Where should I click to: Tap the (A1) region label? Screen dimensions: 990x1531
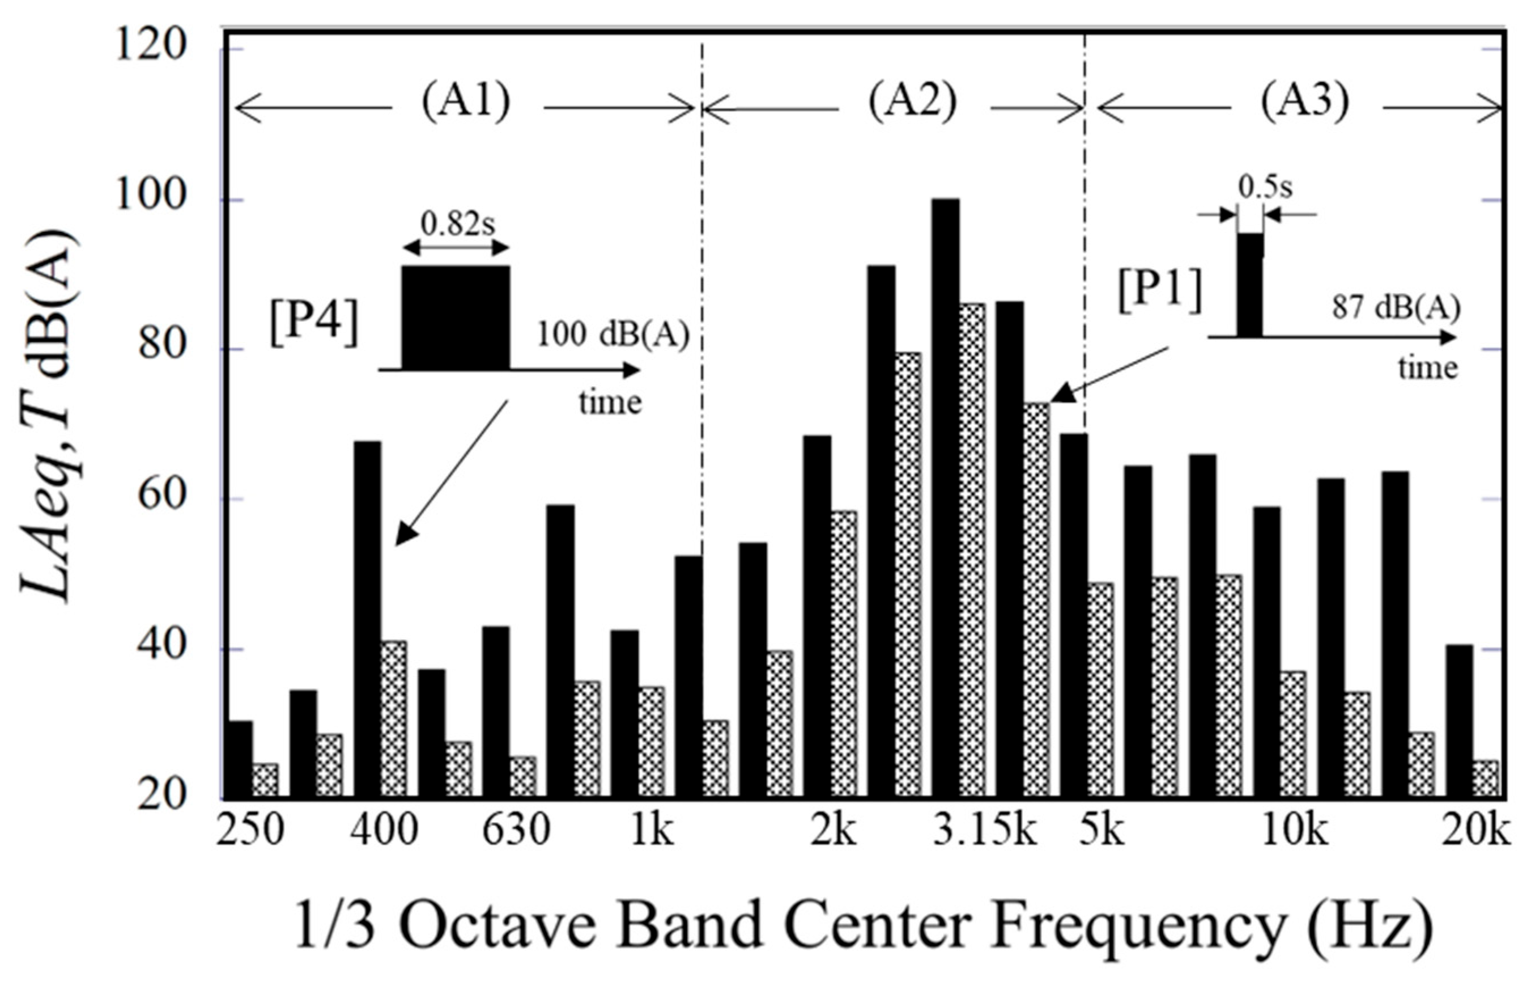click(x=466, y=103)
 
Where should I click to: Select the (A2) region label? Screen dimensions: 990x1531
click(x=912, y=103)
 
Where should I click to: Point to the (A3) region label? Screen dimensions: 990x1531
click(x=1304, y=103)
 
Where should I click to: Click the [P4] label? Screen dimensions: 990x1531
click(x=313, y=325)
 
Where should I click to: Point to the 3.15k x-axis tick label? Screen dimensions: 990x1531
click(x=985, y=832)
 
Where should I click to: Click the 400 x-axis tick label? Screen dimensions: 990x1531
click(x=384, y=832)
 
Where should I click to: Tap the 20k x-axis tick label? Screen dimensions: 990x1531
click(x=1475, y=832)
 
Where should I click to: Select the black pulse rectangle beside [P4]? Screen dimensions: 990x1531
click(x=456, y=318)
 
